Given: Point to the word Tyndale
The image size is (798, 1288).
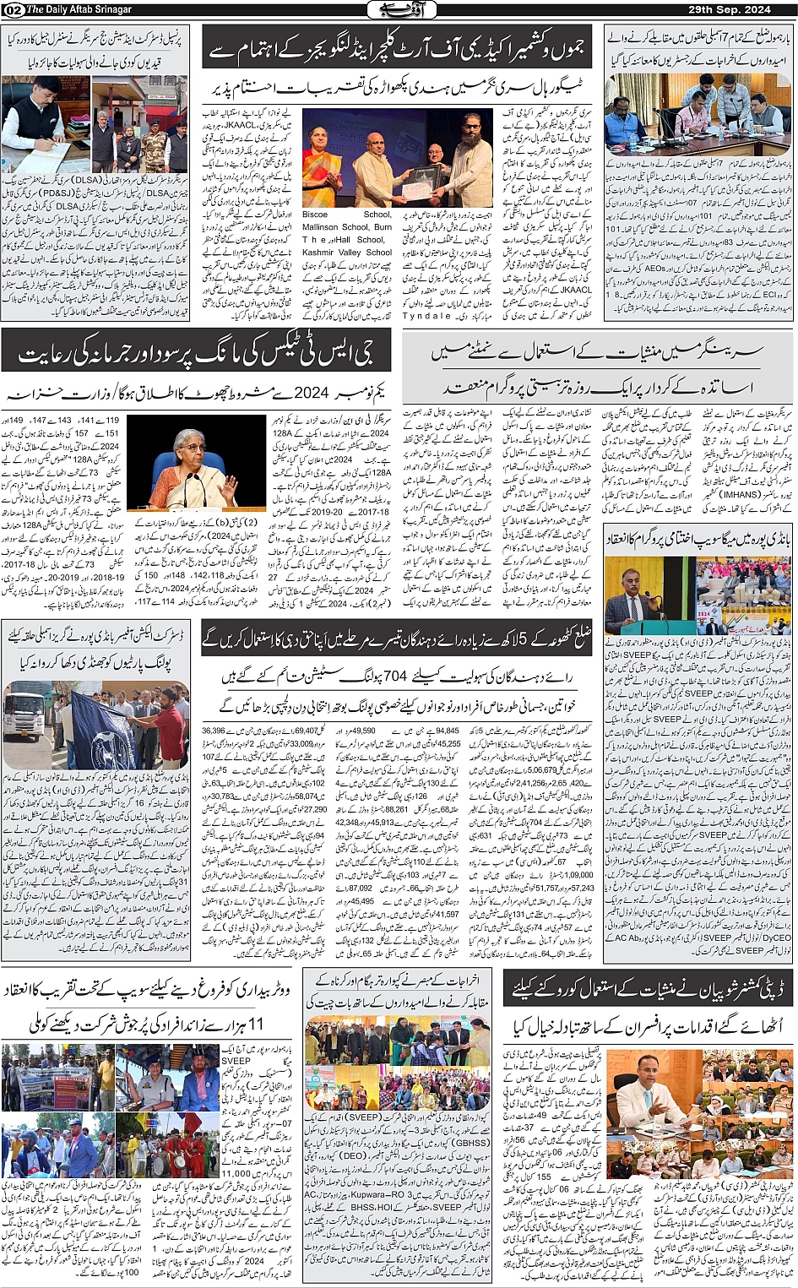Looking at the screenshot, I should click(426, 315).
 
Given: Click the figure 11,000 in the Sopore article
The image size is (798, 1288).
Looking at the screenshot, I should click(236, 1173).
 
